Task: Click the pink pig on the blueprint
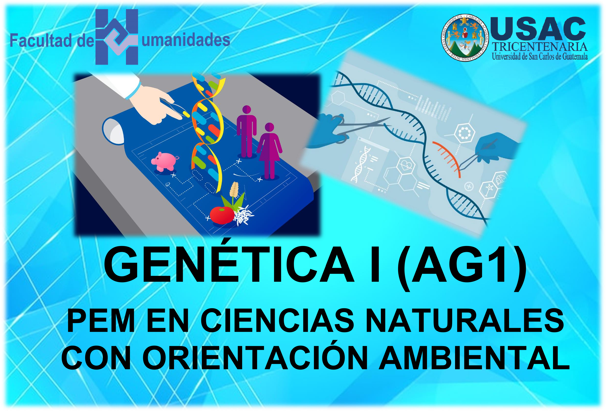(x=165, y=161)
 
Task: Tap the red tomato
(x=222, y=215)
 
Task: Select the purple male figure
(x=246, y=131)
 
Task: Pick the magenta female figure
(x=269, y=151)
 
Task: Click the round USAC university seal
(x=463, y=38)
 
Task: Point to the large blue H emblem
(x=117, y=37)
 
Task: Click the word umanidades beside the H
(x=186, y=40)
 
